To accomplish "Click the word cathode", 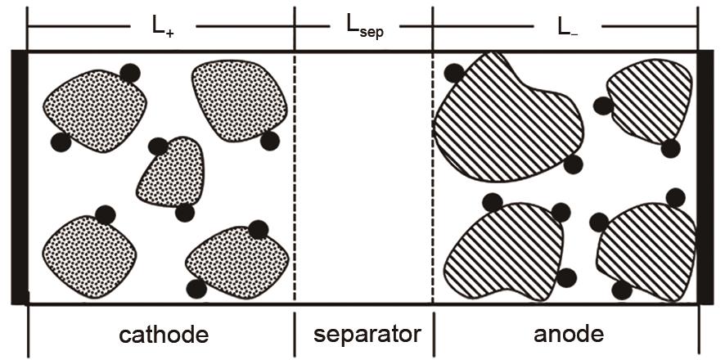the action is coord(164,335).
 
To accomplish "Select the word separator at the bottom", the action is coord(367,334).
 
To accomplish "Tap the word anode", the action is coord(568,334).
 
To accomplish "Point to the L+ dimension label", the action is coord(163,27).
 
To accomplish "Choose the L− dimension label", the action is coord(567,27).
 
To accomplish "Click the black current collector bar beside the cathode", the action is coord(20,177).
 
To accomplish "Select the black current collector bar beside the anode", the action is coord(705,177).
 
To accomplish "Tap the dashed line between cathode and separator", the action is coord(295,177).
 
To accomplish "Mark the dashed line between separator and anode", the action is coord(433,177).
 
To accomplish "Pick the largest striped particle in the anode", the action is coord(507,121).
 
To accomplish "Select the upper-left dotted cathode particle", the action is coord(95,111).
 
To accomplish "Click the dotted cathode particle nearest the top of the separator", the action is coord(239,101).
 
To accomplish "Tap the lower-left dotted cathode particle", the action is coord(90,257).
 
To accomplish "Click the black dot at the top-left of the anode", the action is coord(453,73).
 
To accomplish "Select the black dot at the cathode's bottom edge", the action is coord(196,289).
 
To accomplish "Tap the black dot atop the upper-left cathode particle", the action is coord(130,73).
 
